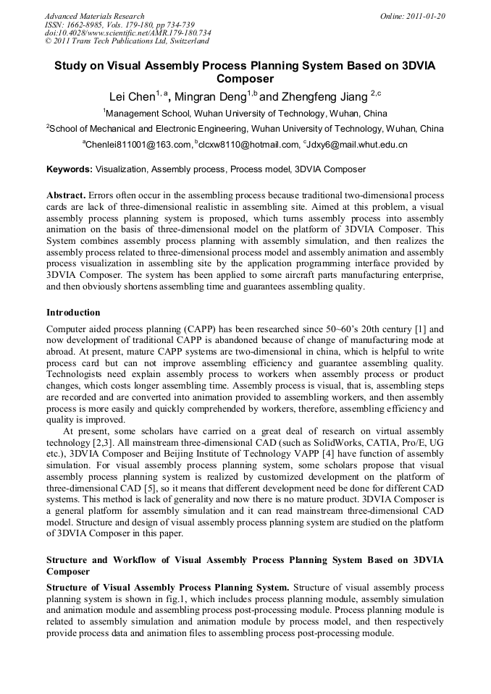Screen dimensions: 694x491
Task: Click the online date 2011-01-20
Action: [x=427, y=16]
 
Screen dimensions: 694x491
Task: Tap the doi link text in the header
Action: [x=127, y=33]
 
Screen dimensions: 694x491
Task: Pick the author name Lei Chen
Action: [x=132, y=97]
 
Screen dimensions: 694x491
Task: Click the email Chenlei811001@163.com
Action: [x=138, y=145]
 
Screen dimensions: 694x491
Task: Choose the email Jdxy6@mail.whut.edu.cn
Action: [x=356, y=145]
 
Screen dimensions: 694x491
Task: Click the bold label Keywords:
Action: [x=70, y=170]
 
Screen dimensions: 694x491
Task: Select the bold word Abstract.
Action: [x=66, y=196]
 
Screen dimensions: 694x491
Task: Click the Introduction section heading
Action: [x=73, y=313]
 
